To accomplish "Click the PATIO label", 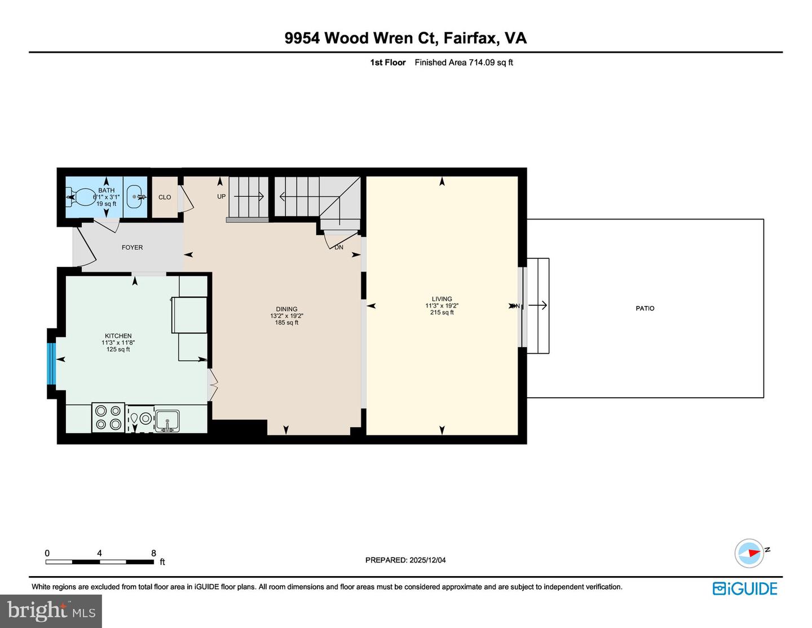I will click(x=645, y=309).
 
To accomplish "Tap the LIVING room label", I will click(x=442, y=299).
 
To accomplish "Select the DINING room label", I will click(x=286, y=309).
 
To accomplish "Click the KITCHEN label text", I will click(x=118, y=336).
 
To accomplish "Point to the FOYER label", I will click(x=132, y=248).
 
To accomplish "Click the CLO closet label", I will click(x=165, y=197).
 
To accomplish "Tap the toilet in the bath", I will click(x=82, y=197).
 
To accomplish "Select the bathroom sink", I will click(x=135, y=197).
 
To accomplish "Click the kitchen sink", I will click(x=167, y=420).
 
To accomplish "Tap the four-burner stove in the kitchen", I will click(x=108, y=418).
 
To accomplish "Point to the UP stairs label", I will click(x=221, y=197).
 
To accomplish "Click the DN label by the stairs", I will click(x=338, y=248).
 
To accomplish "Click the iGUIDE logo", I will click(x=745, y=589).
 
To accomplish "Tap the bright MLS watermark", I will click(x=51, y=611).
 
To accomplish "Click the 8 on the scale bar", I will click(x=153, y=554).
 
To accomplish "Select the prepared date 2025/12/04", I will click(x=427, y=560).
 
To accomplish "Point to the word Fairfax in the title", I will click(x=470, y=38).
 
